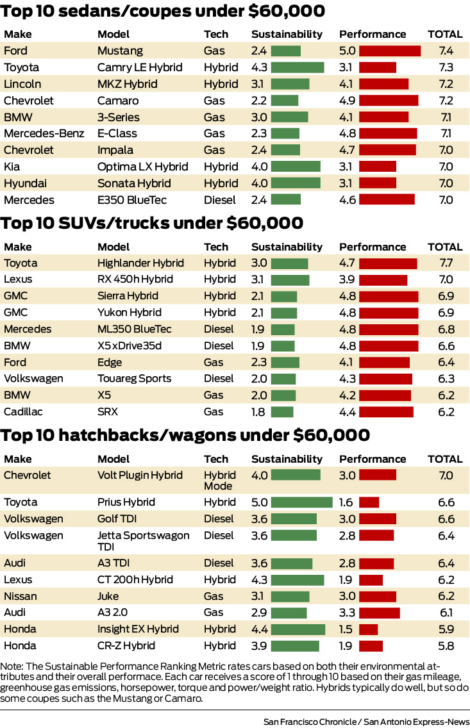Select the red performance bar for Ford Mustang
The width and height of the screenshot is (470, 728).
[x=389, y=51]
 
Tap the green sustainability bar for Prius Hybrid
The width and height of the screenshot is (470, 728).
[x=301, y=502]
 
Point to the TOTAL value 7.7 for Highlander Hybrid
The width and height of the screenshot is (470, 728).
[x=445, y=263]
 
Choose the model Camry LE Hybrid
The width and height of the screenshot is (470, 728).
[x=140, y=67]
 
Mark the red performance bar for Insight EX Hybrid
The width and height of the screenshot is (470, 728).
[x=368, y=629]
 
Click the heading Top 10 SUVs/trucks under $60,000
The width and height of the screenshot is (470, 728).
[x=152, y=223]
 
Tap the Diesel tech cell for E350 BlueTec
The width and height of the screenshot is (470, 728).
[x=220, y=200]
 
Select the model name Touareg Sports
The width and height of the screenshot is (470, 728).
[x=134, y=378]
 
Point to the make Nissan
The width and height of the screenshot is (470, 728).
[x=21, y=596]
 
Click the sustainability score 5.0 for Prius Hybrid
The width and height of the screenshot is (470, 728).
[x=259, y=502]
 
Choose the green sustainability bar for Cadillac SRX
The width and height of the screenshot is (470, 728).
[x=282, y=411]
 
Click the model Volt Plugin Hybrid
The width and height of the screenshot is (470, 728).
[x=140, y=476]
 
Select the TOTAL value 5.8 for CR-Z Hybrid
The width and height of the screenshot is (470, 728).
[x=445, y=646]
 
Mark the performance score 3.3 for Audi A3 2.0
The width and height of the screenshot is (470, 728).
[x=347, y=613]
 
